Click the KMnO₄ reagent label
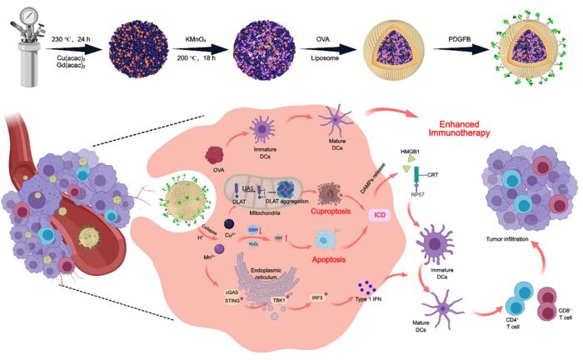[197, 38]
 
